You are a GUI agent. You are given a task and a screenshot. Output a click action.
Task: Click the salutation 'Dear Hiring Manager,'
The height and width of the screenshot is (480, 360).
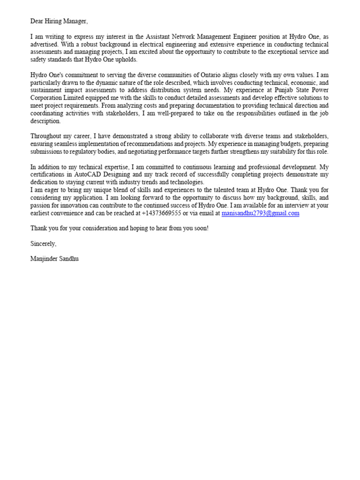point(59,21)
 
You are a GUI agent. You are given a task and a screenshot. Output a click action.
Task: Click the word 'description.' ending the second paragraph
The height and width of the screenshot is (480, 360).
point(45,121)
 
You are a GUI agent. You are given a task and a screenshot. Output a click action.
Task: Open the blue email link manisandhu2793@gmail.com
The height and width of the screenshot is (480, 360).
point(260,213)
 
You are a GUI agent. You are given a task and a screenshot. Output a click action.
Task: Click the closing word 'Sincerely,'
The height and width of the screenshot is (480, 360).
point(43,244)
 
